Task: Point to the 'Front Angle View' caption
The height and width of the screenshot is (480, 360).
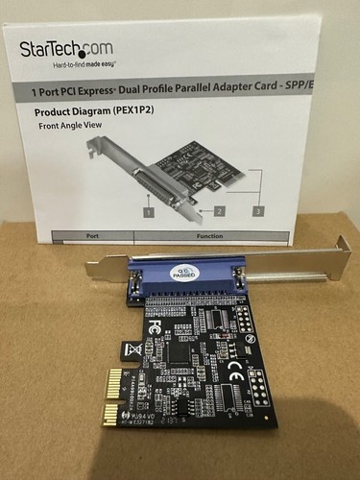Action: point(72,126)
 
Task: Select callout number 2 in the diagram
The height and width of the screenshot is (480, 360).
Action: point(219,209)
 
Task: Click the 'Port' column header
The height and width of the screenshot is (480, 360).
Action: point(92,234)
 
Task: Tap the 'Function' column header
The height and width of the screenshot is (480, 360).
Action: point(210,234)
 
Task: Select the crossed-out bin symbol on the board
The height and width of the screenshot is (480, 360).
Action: point(134,349)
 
